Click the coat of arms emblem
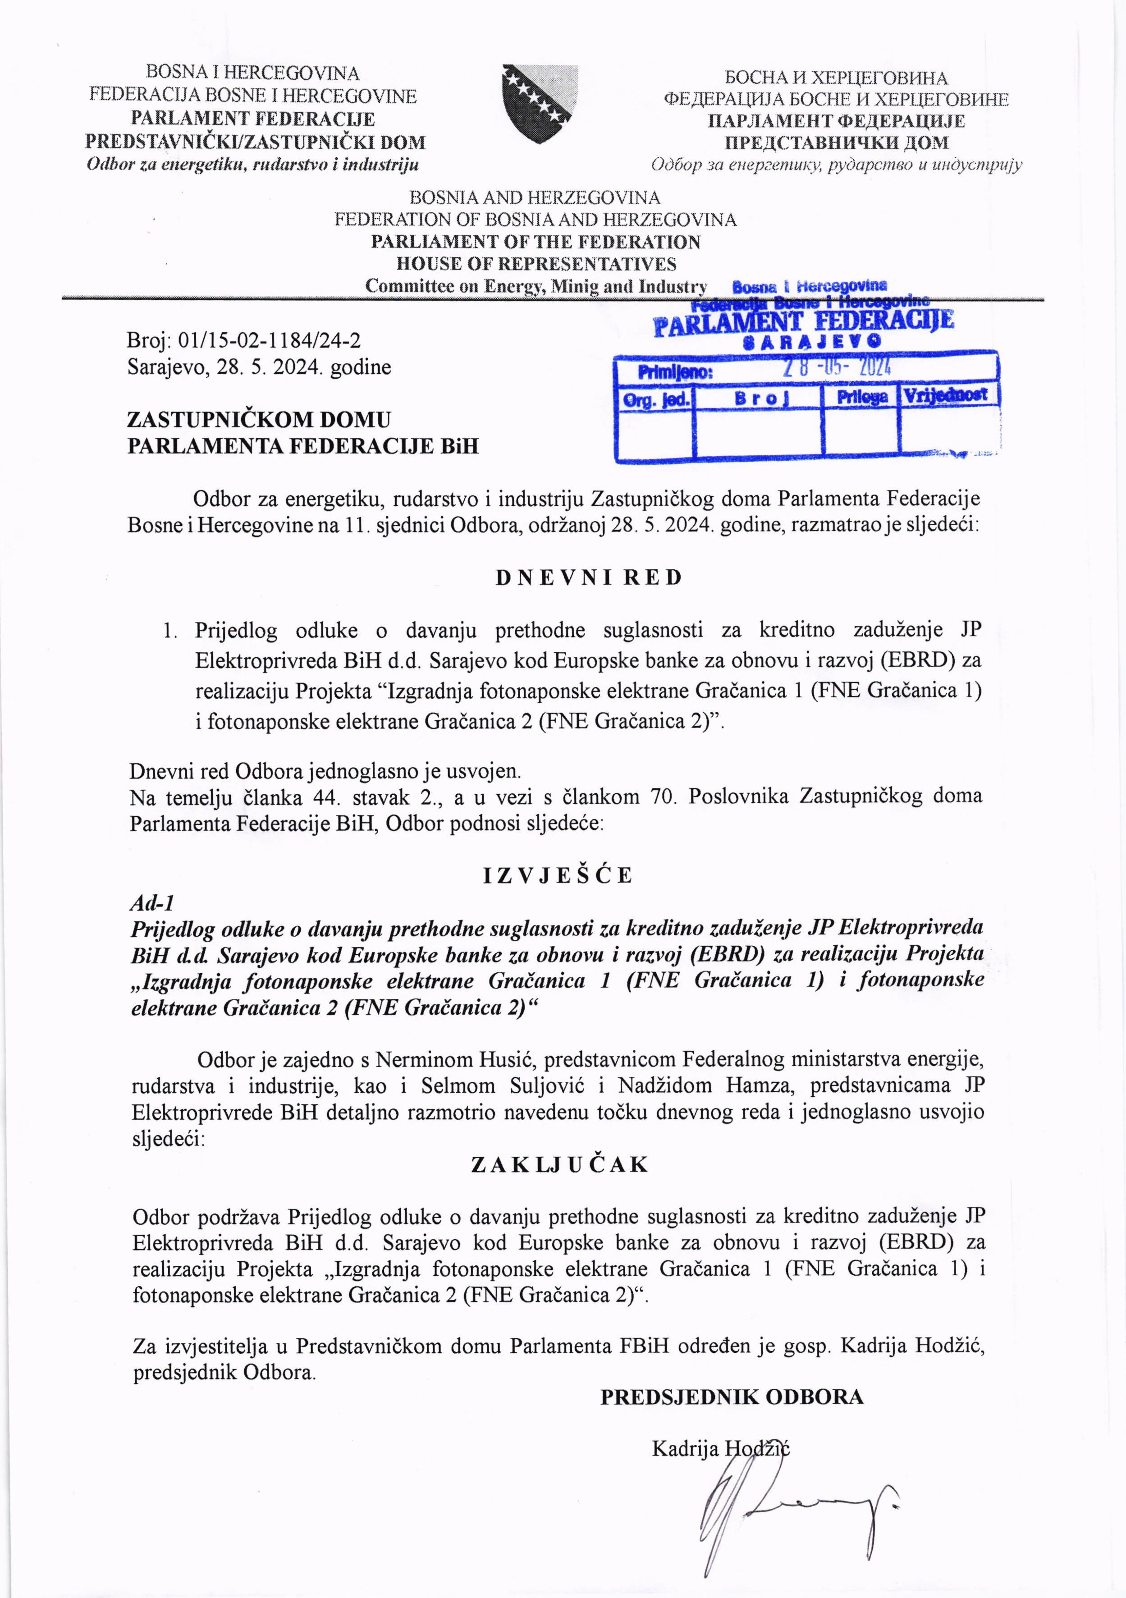540,103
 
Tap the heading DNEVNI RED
589,578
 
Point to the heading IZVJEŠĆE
558,875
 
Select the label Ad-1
152,903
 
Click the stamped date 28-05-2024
837,367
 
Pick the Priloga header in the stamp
861,397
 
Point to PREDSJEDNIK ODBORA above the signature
732,1397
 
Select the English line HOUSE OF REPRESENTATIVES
536,264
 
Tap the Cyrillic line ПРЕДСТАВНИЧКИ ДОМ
837,143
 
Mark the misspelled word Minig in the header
574,286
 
